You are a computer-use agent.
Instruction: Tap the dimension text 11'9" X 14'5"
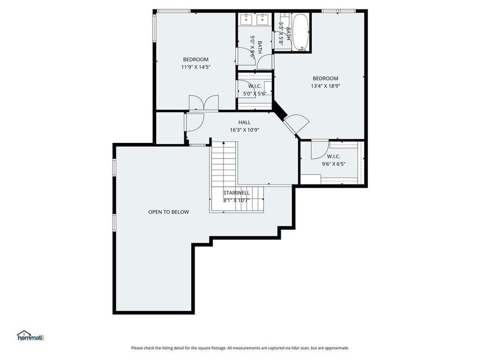(x=196, y=67)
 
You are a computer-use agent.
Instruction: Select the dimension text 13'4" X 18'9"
(x=325, y=86)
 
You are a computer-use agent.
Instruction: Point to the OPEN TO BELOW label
(x=169, y=212)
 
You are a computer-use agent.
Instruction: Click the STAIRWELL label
(x=236, y=193)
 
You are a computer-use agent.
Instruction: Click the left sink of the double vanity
(x=246, y=20)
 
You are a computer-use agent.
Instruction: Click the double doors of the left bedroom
(x=203, y=102)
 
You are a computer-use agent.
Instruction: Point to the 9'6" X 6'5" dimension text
(x=333, y=164)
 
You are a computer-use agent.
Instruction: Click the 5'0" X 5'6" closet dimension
(x=254, y=93)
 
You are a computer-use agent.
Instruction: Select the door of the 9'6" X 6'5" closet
(x=319, y=149)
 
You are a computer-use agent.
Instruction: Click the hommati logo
(x=30, y=335)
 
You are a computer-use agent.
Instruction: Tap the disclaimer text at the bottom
(x=240, y=348)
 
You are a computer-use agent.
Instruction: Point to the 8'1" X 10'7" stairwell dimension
(x=236, y=200)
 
